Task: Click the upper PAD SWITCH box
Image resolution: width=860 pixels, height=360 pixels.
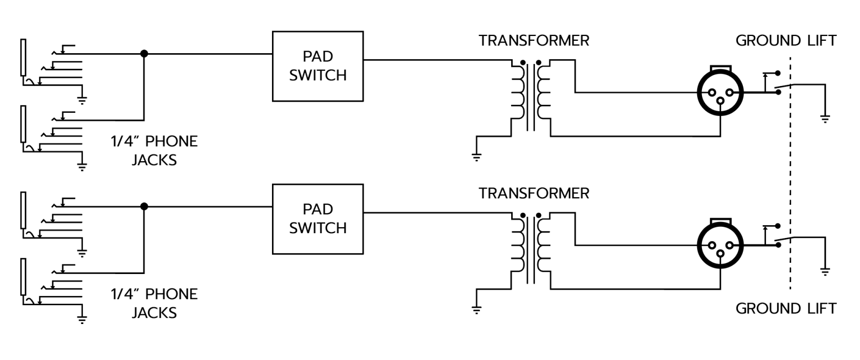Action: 318,66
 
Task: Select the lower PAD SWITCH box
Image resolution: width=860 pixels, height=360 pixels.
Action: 318,219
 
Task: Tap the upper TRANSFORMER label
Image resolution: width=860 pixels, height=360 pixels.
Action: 534,41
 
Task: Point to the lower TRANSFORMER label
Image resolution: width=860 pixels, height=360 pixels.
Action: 534,193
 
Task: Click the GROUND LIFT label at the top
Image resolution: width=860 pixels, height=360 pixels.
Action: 786,41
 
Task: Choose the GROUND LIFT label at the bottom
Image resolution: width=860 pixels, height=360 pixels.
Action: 786,308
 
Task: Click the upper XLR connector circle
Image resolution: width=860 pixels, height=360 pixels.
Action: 720,92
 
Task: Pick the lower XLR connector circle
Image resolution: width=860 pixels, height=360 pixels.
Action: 720,245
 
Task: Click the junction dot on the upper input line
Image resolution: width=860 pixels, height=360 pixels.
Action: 144,54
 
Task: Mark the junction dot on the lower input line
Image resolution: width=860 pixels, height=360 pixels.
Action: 144,206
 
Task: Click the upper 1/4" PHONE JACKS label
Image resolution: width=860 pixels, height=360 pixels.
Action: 154,150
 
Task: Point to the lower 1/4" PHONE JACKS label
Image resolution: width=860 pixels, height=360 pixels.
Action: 154,303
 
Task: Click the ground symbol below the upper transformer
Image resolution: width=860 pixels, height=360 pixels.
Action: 476,157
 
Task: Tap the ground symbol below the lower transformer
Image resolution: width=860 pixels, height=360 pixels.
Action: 476,309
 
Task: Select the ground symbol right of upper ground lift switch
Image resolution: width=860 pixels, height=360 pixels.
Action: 825,119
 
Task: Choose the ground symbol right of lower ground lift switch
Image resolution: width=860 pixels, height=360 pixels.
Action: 825,271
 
